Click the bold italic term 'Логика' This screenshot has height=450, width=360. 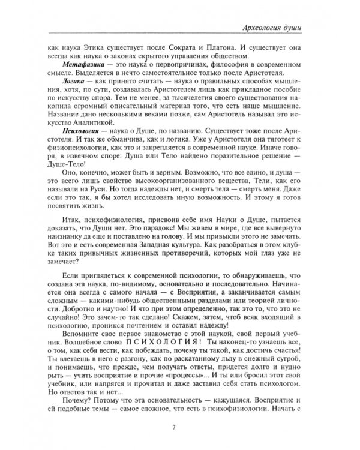coord(72,78)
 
